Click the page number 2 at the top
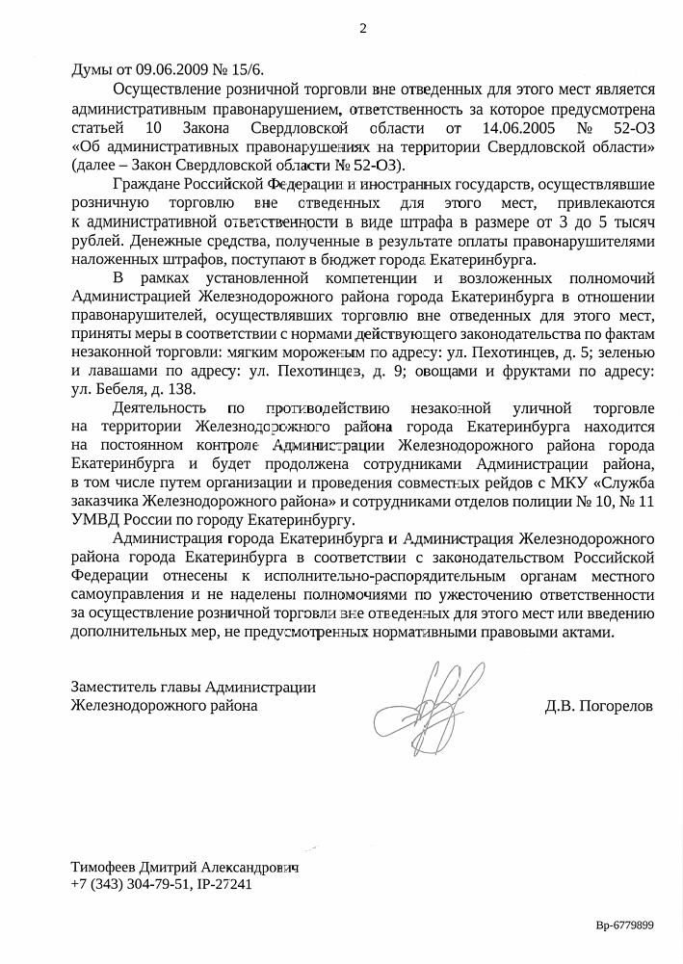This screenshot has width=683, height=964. click(362, 28)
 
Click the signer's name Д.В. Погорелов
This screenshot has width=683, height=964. click(598, 706)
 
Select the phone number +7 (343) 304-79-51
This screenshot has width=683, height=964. click(130, 884)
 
